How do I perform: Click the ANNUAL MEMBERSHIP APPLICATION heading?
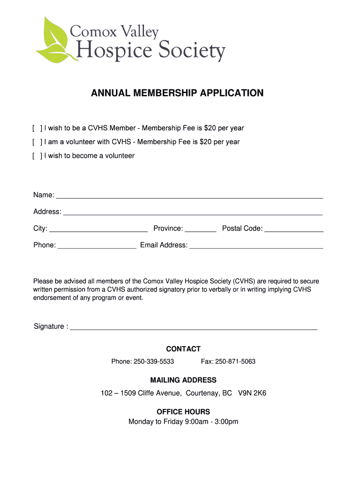177,93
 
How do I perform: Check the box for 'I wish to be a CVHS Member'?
37,128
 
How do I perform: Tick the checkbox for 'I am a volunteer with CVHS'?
37,142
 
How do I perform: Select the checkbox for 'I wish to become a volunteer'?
37,156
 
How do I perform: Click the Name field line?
189,196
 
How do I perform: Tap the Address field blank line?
193,213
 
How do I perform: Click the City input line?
98,230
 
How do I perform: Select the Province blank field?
201,230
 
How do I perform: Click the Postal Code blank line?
294,230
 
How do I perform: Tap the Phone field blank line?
97,247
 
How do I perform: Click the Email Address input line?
256,247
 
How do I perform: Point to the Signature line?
194,327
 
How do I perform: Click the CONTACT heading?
183,349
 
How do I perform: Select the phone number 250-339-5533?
154,362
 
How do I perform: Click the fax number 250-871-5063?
235,362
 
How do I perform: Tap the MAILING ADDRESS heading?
183,380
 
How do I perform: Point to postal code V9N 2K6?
252,393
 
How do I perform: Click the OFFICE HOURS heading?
183,412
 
